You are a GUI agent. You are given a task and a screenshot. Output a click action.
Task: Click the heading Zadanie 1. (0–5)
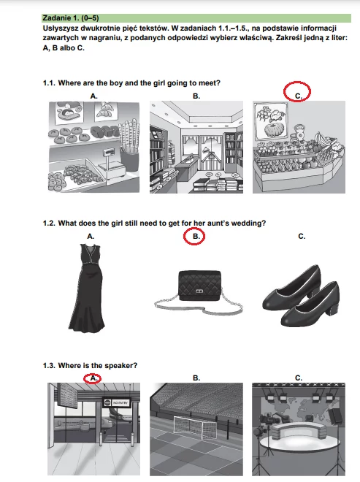point(71,18)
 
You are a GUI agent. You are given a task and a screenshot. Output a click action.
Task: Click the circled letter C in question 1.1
point(298,96)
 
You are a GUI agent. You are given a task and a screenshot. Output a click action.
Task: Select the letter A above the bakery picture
point(93,96)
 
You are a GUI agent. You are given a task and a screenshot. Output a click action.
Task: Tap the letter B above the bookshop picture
point(196,96)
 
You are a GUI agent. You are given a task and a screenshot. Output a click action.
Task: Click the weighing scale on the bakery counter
point(112,164)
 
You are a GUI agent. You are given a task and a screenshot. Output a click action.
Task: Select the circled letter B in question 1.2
point(196,237)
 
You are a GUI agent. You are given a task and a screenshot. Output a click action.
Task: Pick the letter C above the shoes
point(302,237)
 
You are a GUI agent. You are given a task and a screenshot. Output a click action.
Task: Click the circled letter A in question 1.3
point(93,378)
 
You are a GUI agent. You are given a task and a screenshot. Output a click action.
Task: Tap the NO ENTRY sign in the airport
point(117,402)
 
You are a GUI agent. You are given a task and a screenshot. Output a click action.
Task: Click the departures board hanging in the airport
point(67,396)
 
